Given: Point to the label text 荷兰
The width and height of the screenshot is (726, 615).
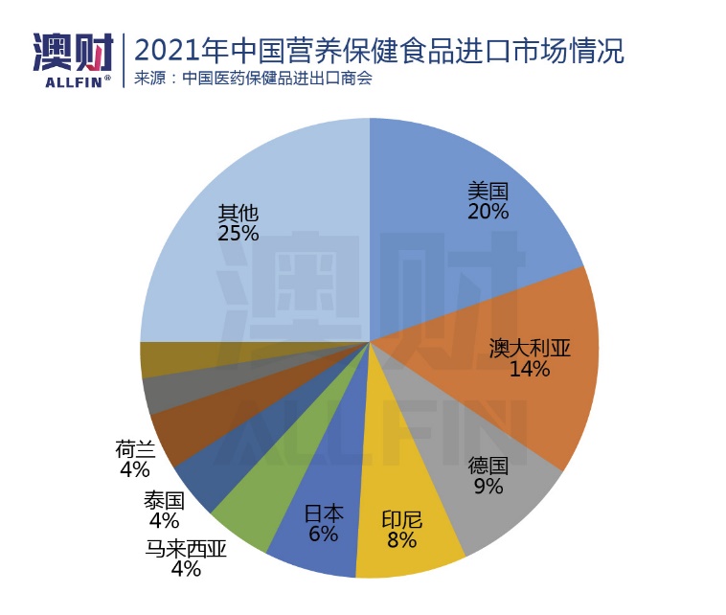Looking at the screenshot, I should point(135,448).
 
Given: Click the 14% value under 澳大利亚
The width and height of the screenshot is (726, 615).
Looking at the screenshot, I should point(530,370).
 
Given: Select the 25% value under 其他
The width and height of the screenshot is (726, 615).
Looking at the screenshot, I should point(238,234).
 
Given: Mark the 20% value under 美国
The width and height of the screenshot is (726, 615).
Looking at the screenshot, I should point(488,211).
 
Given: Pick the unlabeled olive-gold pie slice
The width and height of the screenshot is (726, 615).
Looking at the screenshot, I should point(163,360).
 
